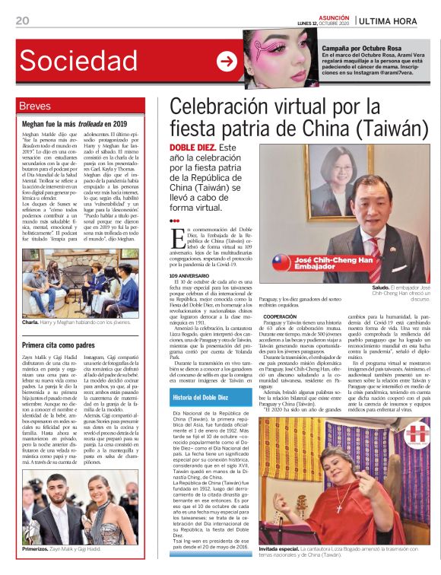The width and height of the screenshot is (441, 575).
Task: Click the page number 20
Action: tap(22, 21)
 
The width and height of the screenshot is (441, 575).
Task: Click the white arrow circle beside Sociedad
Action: tap(227, 62)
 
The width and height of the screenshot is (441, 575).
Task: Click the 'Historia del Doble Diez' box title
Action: tap(201, 397)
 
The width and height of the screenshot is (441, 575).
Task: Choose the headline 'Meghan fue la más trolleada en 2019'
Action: tap(75, 122)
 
